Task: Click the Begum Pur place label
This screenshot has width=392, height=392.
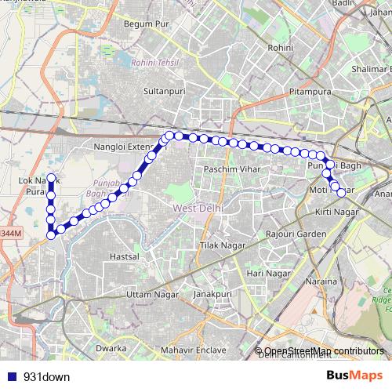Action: [x=147, y=24]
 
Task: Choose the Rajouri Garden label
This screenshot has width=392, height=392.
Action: [x=296, y=234]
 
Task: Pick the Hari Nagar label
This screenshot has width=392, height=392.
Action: [x=265, y=273]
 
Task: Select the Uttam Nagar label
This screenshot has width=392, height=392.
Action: [x=147, y=294]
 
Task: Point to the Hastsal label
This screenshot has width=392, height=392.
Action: [x=124, y=256]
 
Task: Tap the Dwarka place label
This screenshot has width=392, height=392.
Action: [x=111, y=347]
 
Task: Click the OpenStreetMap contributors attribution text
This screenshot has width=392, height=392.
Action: [x=325, y=350]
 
